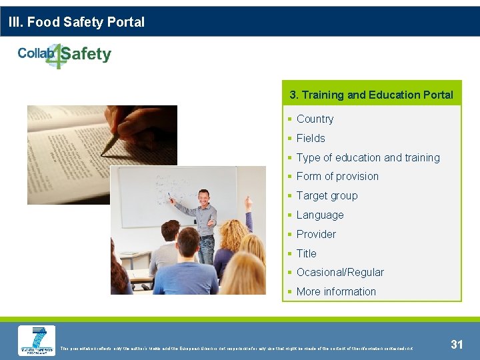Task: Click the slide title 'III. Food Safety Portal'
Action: pyautogui.click(x=77, y=22)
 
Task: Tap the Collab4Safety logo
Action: pyautogui.click(x=65, y=55)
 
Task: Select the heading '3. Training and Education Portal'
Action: pyautogui.click(x=371, y=95)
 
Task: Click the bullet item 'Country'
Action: pyautogui.click(x=315, y=119)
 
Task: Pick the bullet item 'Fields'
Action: pyautogui.click(x=311, y=139)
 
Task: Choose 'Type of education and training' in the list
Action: pyautogui.click(x=368, y=158)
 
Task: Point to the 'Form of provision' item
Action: pyautogui.click(x=337, y=177)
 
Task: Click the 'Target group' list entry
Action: pyautogui.click(x=327, y=196)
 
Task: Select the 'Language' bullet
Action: pyautogui.click(x=320, y=215)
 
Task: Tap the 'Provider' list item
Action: pyautogui.click(x=316, y=235)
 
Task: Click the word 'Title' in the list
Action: pyautogui.click(x=307, y=254)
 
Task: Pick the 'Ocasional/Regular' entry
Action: pyautogui.click(x=340, y=273)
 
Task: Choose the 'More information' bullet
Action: pyautogui.click(x=336, y=292)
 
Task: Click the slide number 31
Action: pyautogui.click(x=457, y=344)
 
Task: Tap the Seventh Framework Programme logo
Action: pyautogui.click(x=37, y=341)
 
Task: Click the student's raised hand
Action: pyautogui.click(x=249, y=202)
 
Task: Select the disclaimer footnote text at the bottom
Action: pyautogui.click(x=237, y=348)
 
